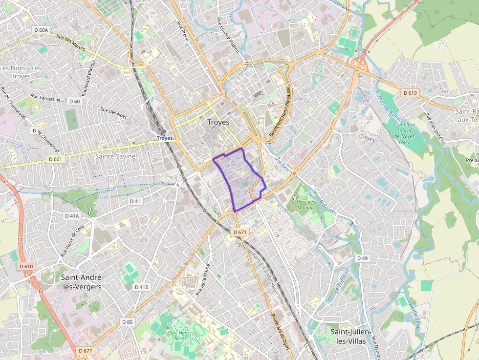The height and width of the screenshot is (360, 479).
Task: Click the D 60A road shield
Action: tap(42, 30)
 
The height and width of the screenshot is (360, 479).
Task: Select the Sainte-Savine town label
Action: tap(115, 156)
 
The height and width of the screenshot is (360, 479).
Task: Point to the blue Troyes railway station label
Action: tap(165, 138)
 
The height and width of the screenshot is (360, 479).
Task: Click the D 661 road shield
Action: tap(56, 159)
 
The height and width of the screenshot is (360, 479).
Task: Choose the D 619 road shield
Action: tap(410, 92)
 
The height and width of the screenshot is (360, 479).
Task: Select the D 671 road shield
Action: tap(239, 232)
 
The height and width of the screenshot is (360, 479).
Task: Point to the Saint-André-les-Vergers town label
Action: tap(82, 282)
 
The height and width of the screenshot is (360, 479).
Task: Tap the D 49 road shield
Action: tap(362, 258)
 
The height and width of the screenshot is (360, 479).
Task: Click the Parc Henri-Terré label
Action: tap(178, 337)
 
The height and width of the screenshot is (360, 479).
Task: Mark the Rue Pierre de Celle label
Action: tap(73, 241)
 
